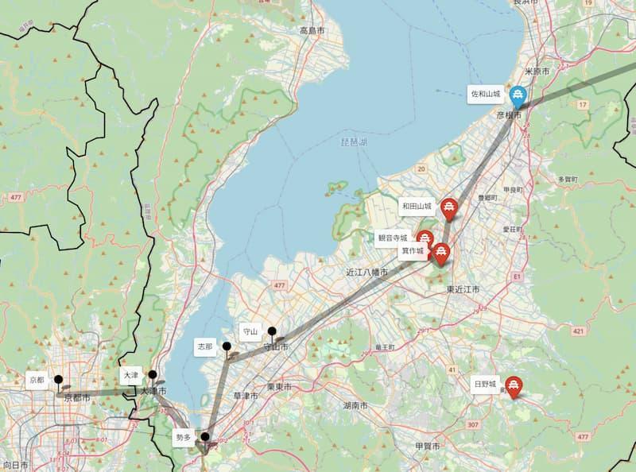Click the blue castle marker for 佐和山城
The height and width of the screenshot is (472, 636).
pos(518,96)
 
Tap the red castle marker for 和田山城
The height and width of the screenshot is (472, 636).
pos(450,207)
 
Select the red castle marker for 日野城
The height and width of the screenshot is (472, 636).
pos(514,386)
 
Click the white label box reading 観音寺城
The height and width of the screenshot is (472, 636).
pos(393,238)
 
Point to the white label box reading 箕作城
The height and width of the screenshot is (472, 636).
pos(412,251)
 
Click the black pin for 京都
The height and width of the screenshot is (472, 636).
pos(58,381)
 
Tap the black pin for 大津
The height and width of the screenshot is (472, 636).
pos(153,375)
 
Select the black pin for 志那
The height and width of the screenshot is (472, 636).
pos(227,347)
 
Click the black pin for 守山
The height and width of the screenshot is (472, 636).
pos(272,332)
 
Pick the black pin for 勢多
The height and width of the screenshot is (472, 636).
pos(205,437)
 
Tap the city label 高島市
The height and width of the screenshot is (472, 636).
pos(314,31)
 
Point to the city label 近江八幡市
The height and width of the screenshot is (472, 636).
pos(366,272)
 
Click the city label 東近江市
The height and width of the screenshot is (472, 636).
pos(463,290)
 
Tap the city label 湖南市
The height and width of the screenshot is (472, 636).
pos(355,405)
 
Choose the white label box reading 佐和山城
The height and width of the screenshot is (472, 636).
pos(486,94)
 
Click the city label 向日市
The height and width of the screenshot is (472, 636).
pos(16,463)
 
